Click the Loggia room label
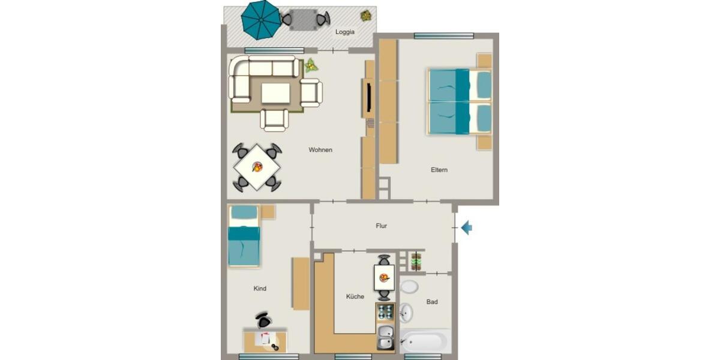pos(345,32)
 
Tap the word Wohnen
pos(320,149)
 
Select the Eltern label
pos(439,170)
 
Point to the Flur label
pos(381,226)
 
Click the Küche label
pos(355,296)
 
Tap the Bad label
pos(432,302)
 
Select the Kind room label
pos(260,289)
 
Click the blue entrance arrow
pos(466,227)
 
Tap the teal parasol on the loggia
pos(261,19)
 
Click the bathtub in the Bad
pos(425,342)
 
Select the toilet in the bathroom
pos(409,286)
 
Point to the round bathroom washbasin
pos(406,312)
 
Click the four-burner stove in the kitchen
pos(385,311)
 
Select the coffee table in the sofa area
pos(275,93)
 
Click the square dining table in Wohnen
pos(257,167)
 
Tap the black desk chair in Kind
pos(263,320)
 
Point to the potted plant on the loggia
pos(365,16)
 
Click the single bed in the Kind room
pos(244,236)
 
